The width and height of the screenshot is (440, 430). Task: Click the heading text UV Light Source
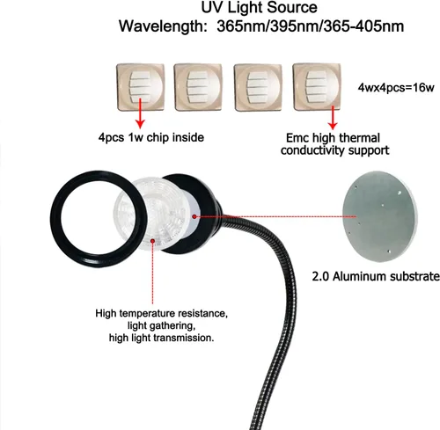pos(259,8)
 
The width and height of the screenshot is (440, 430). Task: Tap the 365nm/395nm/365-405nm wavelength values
pos(310,26)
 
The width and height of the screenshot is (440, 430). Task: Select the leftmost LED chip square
pos(141,87)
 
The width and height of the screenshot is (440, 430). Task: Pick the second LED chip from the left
pos(198,87)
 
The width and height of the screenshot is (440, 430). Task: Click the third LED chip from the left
pos(258,88)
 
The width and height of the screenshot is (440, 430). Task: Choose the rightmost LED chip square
pos(317,87)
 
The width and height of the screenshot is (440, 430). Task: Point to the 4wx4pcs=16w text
pos(395,88)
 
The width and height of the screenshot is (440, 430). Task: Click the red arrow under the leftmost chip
pos(140,113)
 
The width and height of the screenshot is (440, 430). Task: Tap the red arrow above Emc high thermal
pos(333,118)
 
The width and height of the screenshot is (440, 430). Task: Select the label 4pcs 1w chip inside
pos(151,137)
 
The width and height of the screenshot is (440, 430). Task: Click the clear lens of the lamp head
pos(152,215)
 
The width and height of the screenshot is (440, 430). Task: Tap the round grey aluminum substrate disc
pos(380,216)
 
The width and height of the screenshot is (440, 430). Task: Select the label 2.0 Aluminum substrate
pos(376,276)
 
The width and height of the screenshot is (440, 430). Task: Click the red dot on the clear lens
pos(152,241)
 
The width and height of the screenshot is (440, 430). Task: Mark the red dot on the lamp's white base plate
pos(194,216)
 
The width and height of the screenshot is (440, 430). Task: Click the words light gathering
pos(161,325)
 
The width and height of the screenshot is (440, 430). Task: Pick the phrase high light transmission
pos(161,338)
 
